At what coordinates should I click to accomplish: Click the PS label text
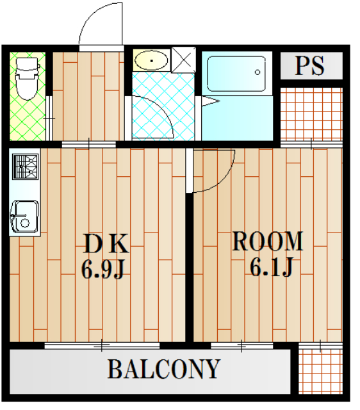point(310,65)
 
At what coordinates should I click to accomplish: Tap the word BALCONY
point(164,369)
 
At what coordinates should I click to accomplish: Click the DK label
point(106,243)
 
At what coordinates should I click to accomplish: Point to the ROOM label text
point(268,241)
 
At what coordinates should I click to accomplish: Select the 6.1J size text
point(272,266)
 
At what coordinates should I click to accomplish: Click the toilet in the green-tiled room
point(26,78)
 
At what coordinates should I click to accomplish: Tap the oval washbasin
point(151,61)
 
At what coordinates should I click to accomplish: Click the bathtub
point(236,74)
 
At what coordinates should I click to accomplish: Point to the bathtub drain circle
point(258,72)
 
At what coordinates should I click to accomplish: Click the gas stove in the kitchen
point(26,167)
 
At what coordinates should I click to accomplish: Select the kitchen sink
point(24,217)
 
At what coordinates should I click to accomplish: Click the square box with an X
point(184,60)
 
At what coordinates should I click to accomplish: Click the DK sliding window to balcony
point(102,346)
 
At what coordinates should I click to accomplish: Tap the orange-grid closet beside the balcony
point(320,371)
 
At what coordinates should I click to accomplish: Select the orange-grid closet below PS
point(311,114)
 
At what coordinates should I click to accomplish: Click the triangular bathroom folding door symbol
point(210,101)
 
